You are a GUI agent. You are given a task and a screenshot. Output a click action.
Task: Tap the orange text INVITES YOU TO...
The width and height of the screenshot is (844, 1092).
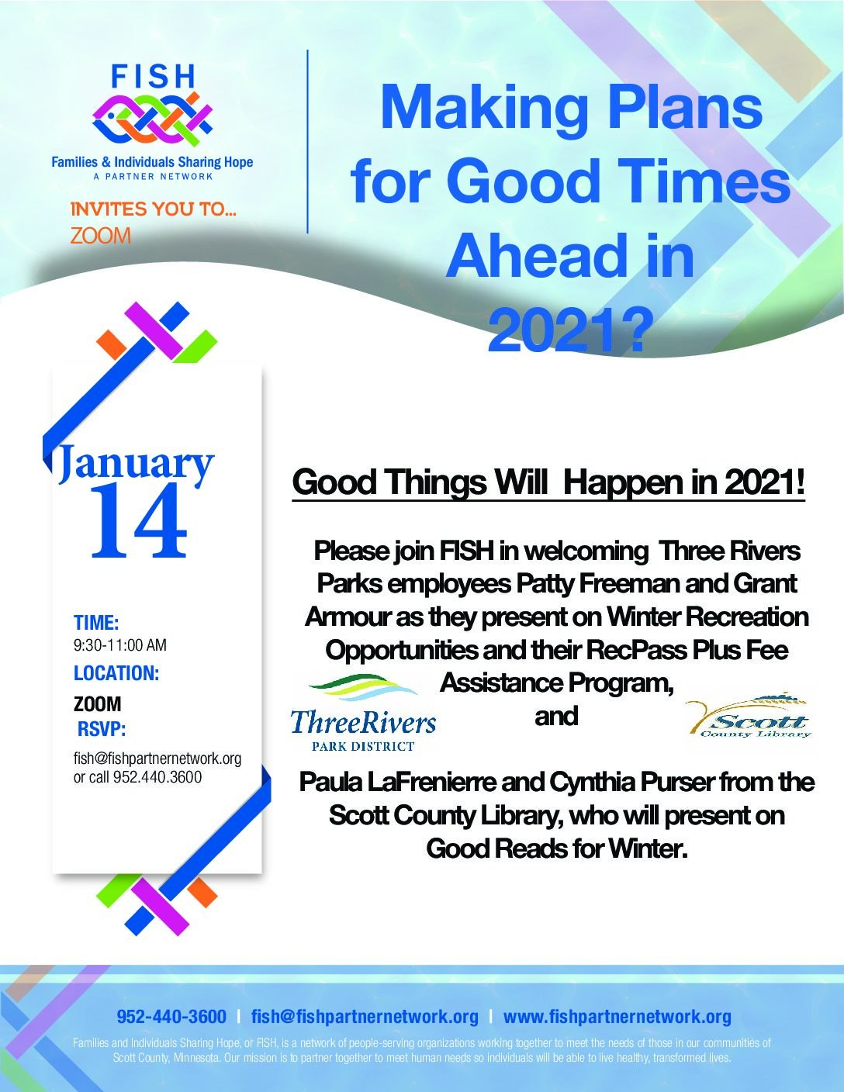click(154, 209)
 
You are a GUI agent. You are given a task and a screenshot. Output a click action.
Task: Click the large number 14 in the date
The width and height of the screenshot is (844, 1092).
click(139, 521)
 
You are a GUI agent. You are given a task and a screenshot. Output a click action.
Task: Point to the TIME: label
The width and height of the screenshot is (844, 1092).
click(96, 623)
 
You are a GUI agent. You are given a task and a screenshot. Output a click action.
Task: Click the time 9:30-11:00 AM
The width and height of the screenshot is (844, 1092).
click(119, 645)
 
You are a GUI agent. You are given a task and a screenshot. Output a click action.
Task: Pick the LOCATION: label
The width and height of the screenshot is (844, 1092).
click(116, 673)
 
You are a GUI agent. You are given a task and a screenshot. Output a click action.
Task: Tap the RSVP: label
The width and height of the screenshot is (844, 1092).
click(102, 729)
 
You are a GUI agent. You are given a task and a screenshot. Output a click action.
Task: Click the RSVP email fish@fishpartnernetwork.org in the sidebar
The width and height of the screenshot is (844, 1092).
click(157, 759)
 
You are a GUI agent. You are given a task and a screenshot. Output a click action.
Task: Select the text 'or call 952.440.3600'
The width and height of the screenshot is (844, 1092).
click(137, 777)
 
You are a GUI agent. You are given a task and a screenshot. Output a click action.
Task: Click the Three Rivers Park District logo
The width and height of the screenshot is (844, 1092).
click(364, 713)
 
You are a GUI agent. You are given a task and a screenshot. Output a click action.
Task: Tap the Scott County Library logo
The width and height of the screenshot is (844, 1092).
click(749, 716)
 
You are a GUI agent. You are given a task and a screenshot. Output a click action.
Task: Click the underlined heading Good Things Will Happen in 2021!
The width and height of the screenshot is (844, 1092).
click(548, 482)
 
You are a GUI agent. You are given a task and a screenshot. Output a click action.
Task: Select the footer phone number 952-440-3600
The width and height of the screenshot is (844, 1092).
click(171, 1017)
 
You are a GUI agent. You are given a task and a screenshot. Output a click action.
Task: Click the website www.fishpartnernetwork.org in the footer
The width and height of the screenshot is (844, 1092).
click(617, 1017)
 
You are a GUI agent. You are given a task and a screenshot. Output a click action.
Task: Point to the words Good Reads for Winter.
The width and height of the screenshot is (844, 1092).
click(556, 848)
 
